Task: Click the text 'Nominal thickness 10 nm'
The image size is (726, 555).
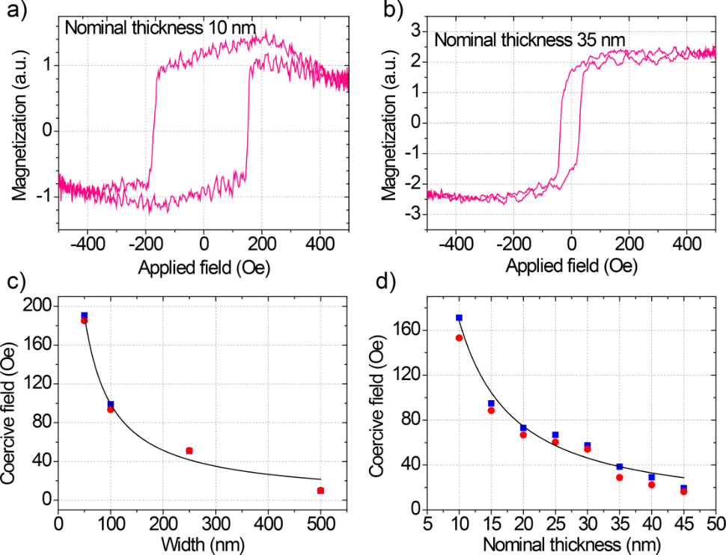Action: tap(160, 29)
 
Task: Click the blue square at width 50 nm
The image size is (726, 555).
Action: tap(85, 316)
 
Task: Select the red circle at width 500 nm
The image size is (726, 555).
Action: tap(320, 491)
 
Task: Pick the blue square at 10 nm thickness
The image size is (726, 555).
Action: tap(459, 318)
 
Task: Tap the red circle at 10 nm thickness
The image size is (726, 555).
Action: tap(459, 338)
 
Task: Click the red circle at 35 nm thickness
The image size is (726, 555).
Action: tap(620, 477)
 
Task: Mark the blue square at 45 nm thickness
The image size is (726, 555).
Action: tap(683, 488)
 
